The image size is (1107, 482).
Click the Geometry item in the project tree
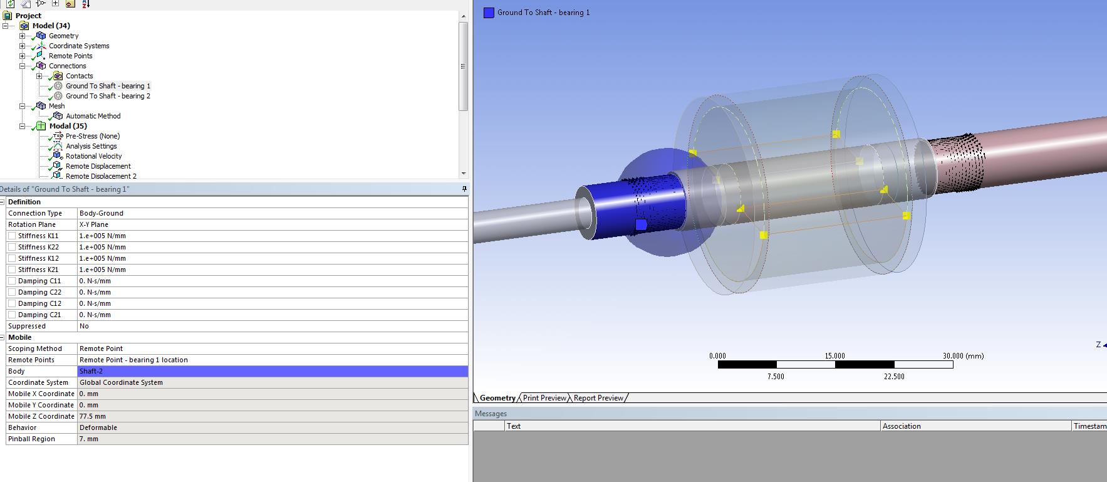point(63,36)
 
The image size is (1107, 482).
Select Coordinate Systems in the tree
point(79,46)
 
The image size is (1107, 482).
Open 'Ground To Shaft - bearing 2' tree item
point(108,96)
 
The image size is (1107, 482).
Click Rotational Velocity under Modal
point(93,156)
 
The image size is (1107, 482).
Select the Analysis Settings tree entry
point(91,146)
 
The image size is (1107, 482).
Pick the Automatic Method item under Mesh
point(93,116)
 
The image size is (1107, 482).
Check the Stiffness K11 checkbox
point(12,236)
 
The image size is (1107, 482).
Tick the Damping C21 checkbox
point(12,315)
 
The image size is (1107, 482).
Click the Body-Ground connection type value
point(101,213)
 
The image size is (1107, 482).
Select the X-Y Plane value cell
point(94,224)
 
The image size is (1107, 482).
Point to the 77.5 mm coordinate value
point(92,416)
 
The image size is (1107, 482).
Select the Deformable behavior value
point(98,427)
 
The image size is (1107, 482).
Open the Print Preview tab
point(544,398)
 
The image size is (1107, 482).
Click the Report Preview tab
point(598,398)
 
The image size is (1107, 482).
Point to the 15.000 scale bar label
point(834,356)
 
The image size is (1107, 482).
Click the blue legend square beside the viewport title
point(489,13)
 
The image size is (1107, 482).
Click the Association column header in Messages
point(902,426)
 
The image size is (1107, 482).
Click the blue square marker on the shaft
point(641,224)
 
